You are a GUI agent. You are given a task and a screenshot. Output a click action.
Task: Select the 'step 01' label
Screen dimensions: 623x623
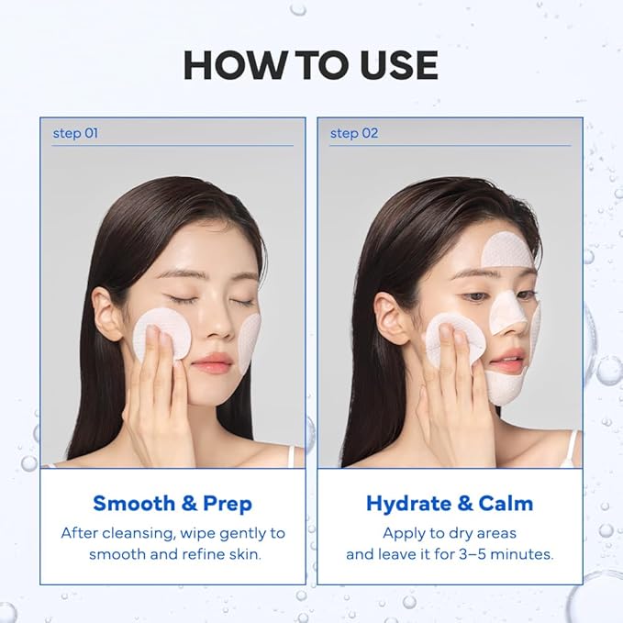pyautogui.click(x=75, y=133)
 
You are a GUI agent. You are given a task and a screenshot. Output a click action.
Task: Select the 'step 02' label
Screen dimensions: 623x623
pyautogui.click(x=353, y=133)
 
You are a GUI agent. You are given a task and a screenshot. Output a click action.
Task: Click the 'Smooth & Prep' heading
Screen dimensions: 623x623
pyautogui.click(x=172, y=503)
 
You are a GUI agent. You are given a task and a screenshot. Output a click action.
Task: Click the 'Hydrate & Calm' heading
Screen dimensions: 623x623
pyautogui.click(x=450, y=503)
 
